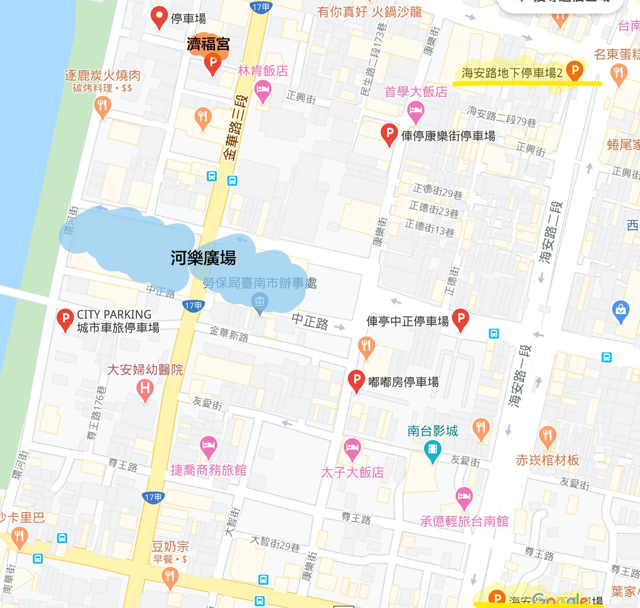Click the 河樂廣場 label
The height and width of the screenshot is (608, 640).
[203, 258]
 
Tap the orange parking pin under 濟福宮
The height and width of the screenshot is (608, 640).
[213, 63]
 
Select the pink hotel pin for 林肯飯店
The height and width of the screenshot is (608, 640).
[263, 89]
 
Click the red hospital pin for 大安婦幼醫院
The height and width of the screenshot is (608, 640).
[145, 389]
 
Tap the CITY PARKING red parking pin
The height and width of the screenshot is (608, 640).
[65, 319]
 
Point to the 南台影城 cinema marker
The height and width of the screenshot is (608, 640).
[432, 450]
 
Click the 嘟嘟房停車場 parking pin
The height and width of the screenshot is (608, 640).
[356, 380]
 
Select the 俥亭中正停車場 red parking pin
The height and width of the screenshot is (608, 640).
[461, 318]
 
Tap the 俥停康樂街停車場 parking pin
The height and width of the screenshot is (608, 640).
[389, 134]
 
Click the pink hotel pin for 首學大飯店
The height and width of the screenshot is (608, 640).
[415, 111]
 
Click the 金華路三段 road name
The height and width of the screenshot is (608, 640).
[236, 128]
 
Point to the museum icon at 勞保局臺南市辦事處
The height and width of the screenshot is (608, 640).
[260, 302]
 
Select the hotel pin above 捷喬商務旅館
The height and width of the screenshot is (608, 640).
[209, 446]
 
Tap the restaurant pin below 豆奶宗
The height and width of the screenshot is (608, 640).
[170, 577]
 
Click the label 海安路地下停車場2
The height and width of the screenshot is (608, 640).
[512, 73]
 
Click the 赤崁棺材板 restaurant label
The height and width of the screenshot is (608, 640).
[547, 460]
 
